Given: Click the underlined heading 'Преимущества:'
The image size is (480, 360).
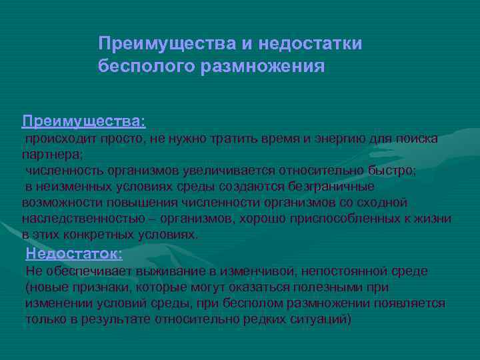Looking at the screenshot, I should (83, 121).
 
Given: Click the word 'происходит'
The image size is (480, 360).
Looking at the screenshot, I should (59, 139).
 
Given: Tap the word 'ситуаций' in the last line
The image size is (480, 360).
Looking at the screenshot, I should (322, 319).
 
